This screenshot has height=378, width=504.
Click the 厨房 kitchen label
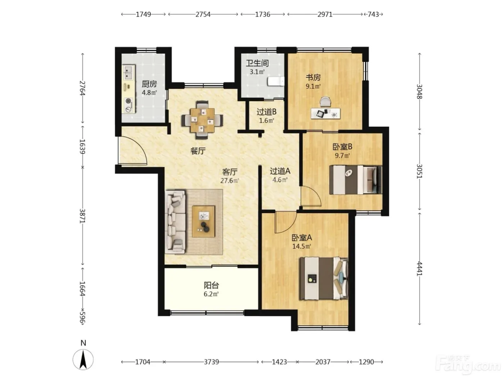(149, 84)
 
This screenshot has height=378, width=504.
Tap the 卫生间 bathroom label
(257, 63)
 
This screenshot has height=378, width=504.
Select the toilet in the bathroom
(276, 81)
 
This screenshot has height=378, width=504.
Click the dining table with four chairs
(202, 120)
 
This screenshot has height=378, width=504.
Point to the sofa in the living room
(175, 222)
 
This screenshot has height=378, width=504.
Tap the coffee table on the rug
(203, 221)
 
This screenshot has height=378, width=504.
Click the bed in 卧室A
(323, 278)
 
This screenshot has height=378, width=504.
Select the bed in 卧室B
(356, 180)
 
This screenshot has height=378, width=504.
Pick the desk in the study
(325, 113)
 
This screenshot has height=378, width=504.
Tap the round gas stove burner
(128, 101)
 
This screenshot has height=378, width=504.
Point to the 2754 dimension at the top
(203, 14)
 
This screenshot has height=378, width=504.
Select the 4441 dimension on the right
(419, 269)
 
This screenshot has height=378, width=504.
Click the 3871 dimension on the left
(83, 216)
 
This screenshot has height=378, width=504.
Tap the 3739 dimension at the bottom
(211, 362)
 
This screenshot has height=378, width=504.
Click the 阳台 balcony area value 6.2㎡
(211, 294)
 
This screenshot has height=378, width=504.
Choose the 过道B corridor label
(266, 112)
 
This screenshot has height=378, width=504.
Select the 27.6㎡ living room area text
(230, 180)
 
